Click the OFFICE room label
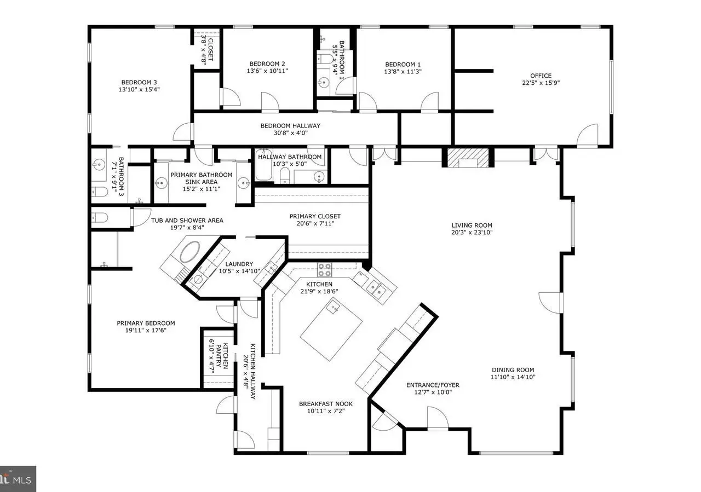tap(541, 76)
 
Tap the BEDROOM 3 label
tap(139, 82)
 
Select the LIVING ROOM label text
tap(472, 225)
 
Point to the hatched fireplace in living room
tap(468, 158)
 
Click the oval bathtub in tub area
tap(190, 252)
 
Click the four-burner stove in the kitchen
tap(325, 270)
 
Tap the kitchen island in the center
tap(331, 329)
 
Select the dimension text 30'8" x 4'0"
tap(290, 133)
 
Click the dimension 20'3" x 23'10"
tap(472, 233)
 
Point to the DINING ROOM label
tap(513, 370)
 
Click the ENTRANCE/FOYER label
tap(433, 385)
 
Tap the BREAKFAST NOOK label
tap(326, 404)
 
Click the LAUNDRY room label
tap(239, 264)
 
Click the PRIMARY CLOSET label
tap(315, 216)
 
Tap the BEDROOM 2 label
tap(267, 64)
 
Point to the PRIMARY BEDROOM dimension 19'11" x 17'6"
tap(146, 331)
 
